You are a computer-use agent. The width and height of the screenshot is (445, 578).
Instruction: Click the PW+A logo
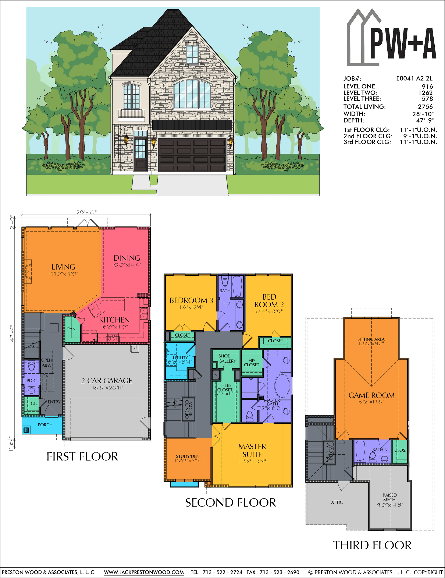391,38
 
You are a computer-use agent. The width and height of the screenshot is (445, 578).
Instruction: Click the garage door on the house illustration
192,155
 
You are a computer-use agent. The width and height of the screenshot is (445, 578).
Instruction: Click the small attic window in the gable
192,55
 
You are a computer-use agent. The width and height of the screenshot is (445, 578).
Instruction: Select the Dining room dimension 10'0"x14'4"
127,265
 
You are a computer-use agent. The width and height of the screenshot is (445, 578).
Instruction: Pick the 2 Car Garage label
107,381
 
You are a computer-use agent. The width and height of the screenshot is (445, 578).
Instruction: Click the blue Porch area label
45,425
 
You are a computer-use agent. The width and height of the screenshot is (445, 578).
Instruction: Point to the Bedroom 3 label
191,300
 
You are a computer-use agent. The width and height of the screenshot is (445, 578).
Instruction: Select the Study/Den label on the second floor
188,456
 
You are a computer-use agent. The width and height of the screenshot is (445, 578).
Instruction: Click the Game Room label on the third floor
371,395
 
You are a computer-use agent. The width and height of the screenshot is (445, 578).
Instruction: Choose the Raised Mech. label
390,497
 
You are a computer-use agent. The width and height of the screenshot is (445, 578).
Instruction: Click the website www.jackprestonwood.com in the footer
144,572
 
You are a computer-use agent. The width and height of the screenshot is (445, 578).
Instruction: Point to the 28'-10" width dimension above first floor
86,212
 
